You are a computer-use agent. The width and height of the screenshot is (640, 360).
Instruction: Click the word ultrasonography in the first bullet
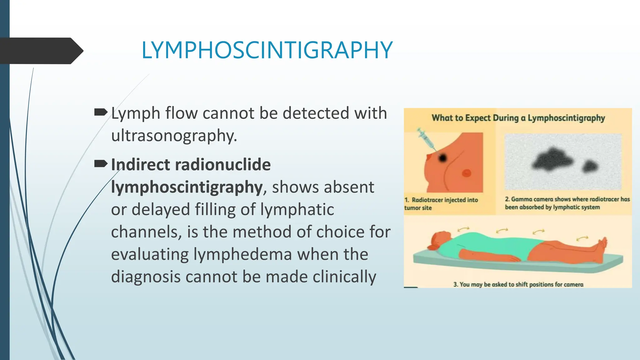tap(174, 136)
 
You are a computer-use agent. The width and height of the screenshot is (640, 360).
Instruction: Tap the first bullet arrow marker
tap(101, 112)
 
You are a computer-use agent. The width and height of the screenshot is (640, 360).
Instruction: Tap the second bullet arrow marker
tap(101, 163)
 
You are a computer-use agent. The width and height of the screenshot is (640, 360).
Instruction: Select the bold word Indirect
tap(140, 165)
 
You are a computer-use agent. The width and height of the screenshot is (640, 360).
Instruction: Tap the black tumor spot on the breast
tap(442, 158)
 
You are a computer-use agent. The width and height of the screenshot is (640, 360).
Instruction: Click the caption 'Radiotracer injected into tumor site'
tap(441, 204)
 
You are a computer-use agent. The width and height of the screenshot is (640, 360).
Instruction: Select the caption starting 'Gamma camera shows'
tap(567, 203)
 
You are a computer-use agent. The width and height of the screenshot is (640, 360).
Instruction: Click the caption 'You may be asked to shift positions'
tap(518, 284)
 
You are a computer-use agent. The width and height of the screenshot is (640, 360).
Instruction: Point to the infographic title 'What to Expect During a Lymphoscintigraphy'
tap(518, 118)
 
